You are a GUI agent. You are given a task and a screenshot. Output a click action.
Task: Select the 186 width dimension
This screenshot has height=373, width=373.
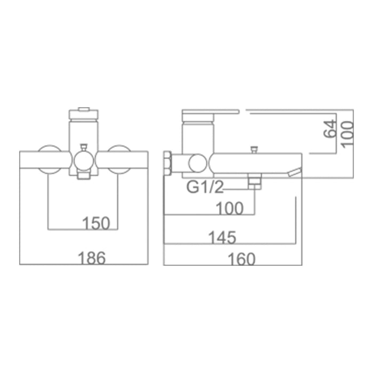[92, 258]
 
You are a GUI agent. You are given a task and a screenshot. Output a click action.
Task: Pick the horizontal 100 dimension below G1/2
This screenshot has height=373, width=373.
[230, 208]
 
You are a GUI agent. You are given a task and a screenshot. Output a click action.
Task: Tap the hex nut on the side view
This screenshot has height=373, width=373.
[168, 163]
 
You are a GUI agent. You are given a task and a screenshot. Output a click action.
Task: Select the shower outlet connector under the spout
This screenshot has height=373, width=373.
[255, 183]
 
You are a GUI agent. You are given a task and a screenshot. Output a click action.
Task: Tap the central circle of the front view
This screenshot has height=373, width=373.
[83, 160]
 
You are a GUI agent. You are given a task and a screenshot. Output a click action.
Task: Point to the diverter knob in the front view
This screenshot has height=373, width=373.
[83, 147]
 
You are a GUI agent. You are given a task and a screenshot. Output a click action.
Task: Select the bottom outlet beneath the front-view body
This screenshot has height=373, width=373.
[83, 175]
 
